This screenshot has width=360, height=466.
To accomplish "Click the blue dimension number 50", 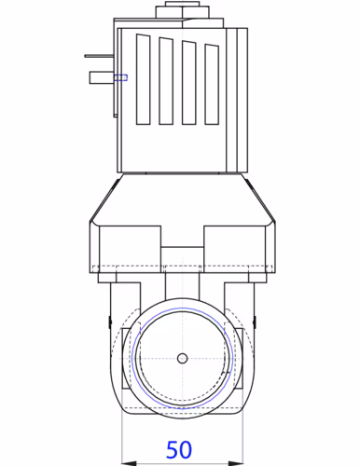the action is tap(179, 449).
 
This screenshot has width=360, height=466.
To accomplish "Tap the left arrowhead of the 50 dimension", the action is tap(129, 463).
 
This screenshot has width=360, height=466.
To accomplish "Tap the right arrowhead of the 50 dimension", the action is tap(236, 463).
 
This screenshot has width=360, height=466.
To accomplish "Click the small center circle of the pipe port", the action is tap(183, 358).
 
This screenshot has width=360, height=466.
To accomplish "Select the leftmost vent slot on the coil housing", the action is tap(144, 79).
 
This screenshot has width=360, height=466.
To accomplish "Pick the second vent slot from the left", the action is tap(166, 81).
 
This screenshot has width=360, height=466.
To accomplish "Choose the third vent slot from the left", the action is tap(189, 83).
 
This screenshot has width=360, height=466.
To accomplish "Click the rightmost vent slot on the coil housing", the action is tap(212, 84).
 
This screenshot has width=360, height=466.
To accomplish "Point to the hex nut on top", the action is tap(182, 12).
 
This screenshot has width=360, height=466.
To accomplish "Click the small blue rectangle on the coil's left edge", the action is tap(120, 77).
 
